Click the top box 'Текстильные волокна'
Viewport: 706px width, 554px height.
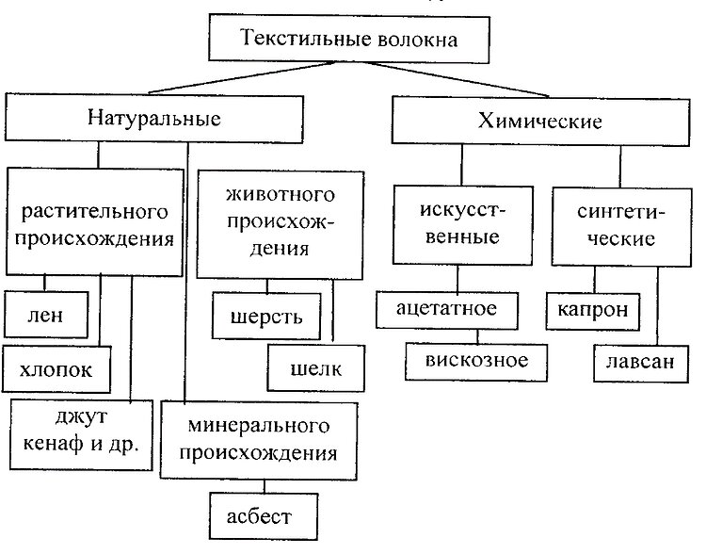point(349,39)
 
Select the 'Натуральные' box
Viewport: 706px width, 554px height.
point(154,118)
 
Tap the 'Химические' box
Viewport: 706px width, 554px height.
point(540,121)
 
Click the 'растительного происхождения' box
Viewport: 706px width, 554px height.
point(94,221)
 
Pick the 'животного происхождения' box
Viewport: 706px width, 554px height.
point(281,225)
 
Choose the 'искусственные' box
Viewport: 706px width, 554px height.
point(463,225)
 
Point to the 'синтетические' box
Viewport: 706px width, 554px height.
point(621,227)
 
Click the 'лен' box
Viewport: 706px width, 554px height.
point(46,315)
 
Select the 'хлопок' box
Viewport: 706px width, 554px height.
point(56,369)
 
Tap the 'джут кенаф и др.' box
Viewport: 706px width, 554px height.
point(81,435)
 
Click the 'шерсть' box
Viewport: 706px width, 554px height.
point(266,317)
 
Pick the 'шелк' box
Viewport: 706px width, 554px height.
point(316,368)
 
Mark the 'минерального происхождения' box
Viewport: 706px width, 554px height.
point(259,440)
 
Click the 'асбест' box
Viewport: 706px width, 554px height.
point(264,516)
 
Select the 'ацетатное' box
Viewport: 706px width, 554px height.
point(447,310)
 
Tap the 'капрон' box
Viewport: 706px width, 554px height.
point(593,312)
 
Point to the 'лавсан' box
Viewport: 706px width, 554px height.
point(641,365)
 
